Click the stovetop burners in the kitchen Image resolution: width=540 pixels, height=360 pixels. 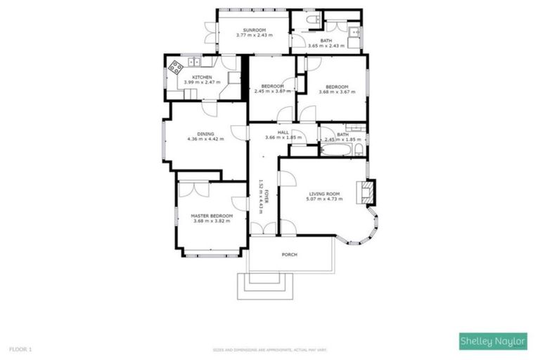click(174, 68)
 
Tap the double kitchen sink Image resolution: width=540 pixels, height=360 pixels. click(193, 61)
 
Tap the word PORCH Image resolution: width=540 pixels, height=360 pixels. click(288, 254)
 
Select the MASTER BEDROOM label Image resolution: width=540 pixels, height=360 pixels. click(212, 216)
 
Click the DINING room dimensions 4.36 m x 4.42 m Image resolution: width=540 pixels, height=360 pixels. click(205, 139)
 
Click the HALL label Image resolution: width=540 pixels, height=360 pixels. click(283, 132)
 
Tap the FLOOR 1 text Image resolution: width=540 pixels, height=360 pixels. click(20, 349)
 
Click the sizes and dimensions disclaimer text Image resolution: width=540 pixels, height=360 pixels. click(269, 349)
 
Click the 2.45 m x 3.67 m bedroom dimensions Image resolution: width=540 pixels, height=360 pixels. click(272, 91)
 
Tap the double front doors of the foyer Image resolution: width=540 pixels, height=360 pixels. click(264, 229)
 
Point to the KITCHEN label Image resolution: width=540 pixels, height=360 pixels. click(202, 77)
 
